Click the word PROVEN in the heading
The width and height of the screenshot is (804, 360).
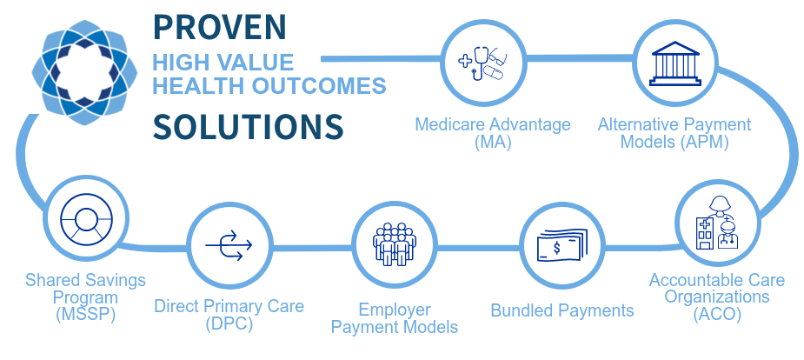coord(219,28)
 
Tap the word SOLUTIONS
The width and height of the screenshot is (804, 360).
coord(248,126)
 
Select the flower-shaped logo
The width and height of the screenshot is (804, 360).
coord(84,72)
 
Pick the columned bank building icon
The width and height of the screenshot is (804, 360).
coord(674,63)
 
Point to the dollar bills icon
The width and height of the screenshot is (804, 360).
coord(561,245)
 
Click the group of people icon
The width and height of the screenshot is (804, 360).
coord(395,244)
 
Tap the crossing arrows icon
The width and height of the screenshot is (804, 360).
coord(229,245)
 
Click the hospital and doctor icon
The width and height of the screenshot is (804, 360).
coord(717,223)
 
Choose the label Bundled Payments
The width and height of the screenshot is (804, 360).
coord(562,310)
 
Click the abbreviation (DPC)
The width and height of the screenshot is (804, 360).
coord(229,324)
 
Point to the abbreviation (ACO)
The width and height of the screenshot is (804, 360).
coord(717,314)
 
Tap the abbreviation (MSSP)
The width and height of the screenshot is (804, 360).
coord(86,314)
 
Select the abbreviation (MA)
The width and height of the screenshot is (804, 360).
coord(493,142)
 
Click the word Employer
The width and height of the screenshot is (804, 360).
coord(395,310)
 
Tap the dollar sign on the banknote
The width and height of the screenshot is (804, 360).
coord(556,249)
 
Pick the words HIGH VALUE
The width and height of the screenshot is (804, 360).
coord(223,62)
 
